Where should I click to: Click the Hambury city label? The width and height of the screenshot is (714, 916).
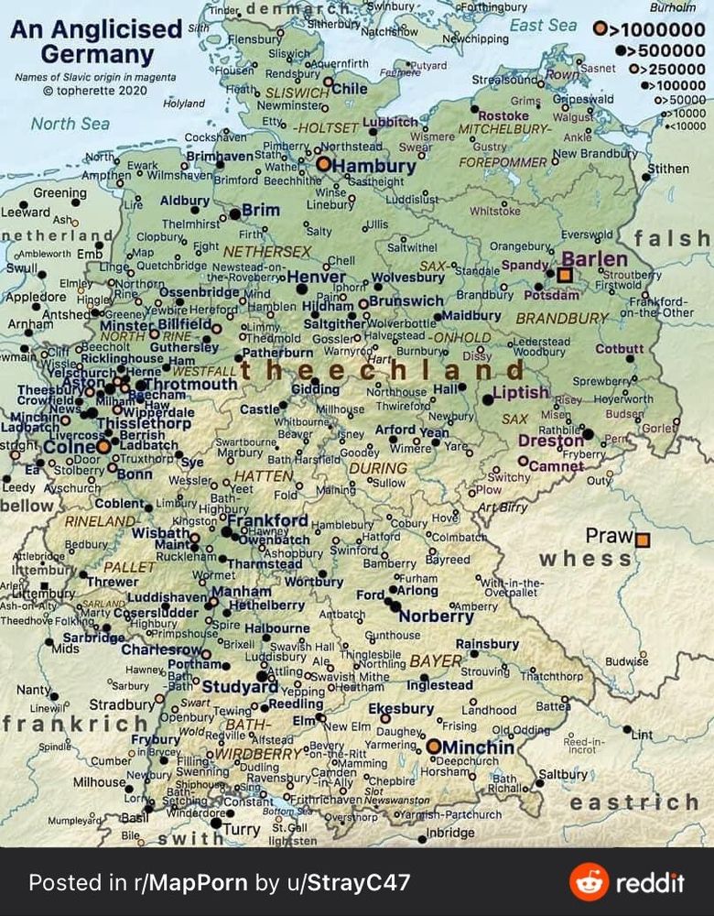[373, 167]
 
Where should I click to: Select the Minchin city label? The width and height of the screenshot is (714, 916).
[478, 747]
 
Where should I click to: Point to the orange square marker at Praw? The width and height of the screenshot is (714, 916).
[643, 540]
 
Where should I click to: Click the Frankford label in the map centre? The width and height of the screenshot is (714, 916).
[267, 520]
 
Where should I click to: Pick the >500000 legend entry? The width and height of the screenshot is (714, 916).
[659, 49]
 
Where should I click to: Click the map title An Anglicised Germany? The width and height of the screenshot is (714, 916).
[96, 41]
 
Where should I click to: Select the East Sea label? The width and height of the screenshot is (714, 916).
[543, 26]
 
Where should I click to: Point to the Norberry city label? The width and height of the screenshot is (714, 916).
[436, 616]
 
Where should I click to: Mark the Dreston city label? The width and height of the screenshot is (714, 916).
[550, 441]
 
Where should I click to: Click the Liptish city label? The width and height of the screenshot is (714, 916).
[520, 393]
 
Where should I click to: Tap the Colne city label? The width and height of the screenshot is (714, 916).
[70, 447]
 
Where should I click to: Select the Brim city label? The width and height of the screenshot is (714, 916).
[261, 211]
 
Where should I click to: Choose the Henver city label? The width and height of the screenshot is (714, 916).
[316, 277]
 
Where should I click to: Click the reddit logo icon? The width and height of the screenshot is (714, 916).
[589, 882]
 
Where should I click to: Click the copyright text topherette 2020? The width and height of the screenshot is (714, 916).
[88, 90]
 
